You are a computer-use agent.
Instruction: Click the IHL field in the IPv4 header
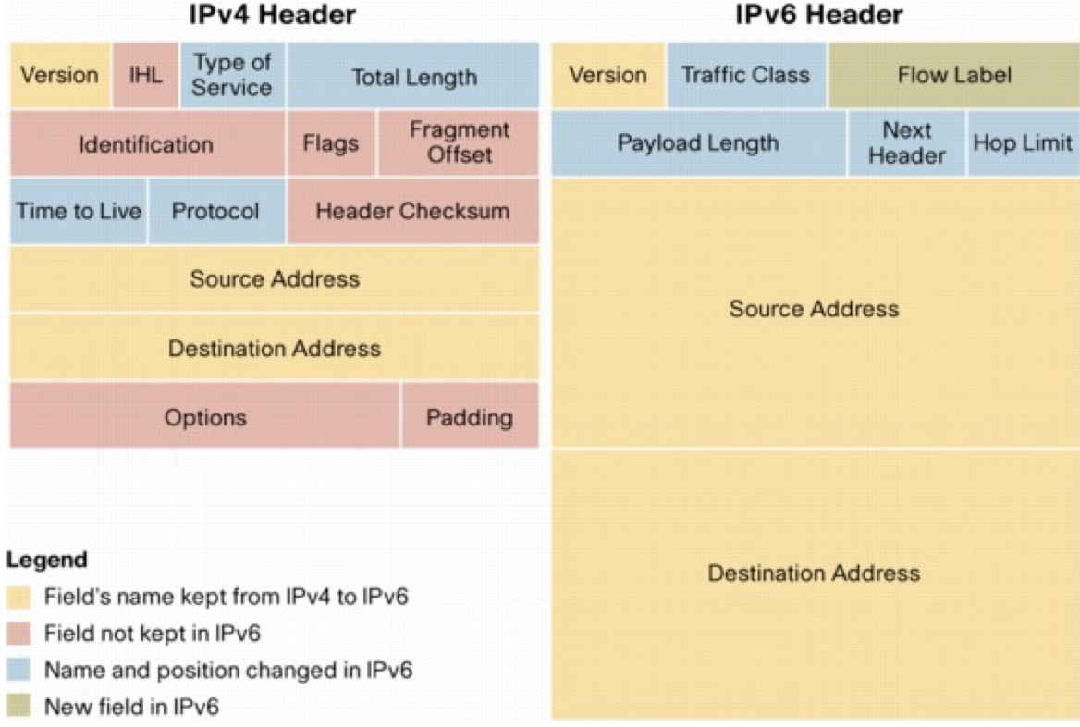click(145, 75)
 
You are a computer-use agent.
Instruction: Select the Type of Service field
click(232, 75)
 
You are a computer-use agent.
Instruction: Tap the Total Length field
click(413, 76)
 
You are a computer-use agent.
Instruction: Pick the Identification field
click(146, 144)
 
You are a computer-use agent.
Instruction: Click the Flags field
click(331, 144)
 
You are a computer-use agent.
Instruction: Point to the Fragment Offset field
click(460, 142)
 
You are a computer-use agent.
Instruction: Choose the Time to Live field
click(79, 211)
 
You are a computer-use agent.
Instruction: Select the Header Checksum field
click(412, 211)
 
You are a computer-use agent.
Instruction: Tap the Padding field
click(469, 417)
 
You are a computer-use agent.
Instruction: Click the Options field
click(205, 417)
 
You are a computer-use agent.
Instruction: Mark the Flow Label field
click(954, 75)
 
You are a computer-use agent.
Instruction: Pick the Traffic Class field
click(745, 75)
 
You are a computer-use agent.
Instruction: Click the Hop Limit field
click(1023, 143)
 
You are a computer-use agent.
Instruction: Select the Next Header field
click(906, 143)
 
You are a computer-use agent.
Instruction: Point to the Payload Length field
click(698, 143)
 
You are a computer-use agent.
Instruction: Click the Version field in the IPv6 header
click(607, 75)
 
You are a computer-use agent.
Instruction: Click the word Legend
click(47, 560)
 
